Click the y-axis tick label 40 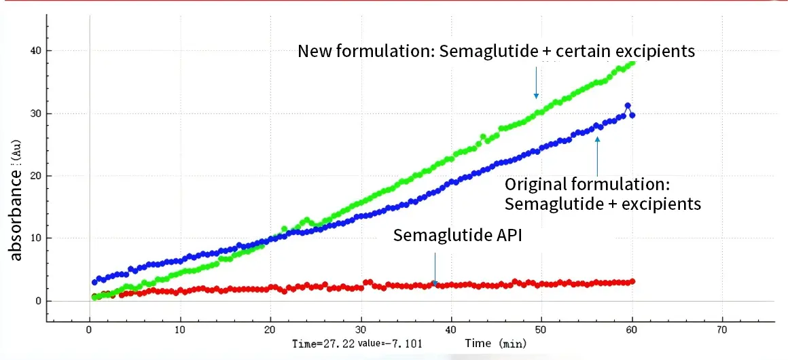(35, 50)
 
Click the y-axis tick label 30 (35, 113)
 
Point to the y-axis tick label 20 (35, 176)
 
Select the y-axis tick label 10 (35, 238)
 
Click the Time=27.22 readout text (319, 344)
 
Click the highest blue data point (628, 106)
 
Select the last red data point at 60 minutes (632, 281)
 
